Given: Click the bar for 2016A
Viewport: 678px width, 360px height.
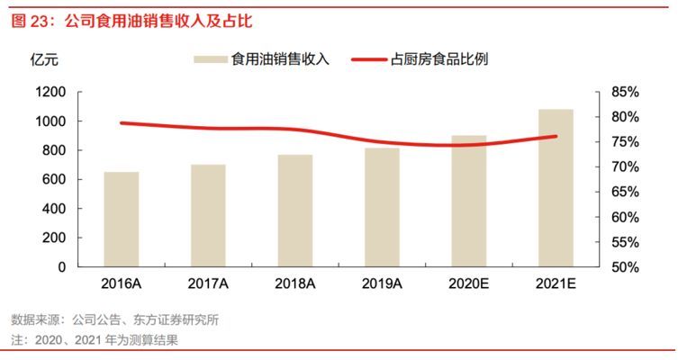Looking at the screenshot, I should click(x=121, y=220).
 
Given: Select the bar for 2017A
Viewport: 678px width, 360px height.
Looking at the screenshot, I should click(x=208, y=216).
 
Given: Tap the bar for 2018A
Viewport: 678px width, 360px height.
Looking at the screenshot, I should click(x=295, y=211).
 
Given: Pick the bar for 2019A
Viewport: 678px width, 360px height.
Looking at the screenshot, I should click(x=382, y=207).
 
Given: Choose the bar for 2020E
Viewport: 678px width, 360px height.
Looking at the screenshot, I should click(x=469, y=202).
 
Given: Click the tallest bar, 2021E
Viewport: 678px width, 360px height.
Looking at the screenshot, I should click(x=556, y=188).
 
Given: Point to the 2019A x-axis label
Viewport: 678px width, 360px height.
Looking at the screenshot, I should click(x=382, y=283).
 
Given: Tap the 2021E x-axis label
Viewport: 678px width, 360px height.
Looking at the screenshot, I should click(x=556, y=283).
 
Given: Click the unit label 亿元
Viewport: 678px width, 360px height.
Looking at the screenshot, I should click(x=44, y=60).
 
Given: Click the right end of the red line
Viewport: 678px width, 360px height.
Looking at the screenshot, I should click(x=556, y=137).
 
